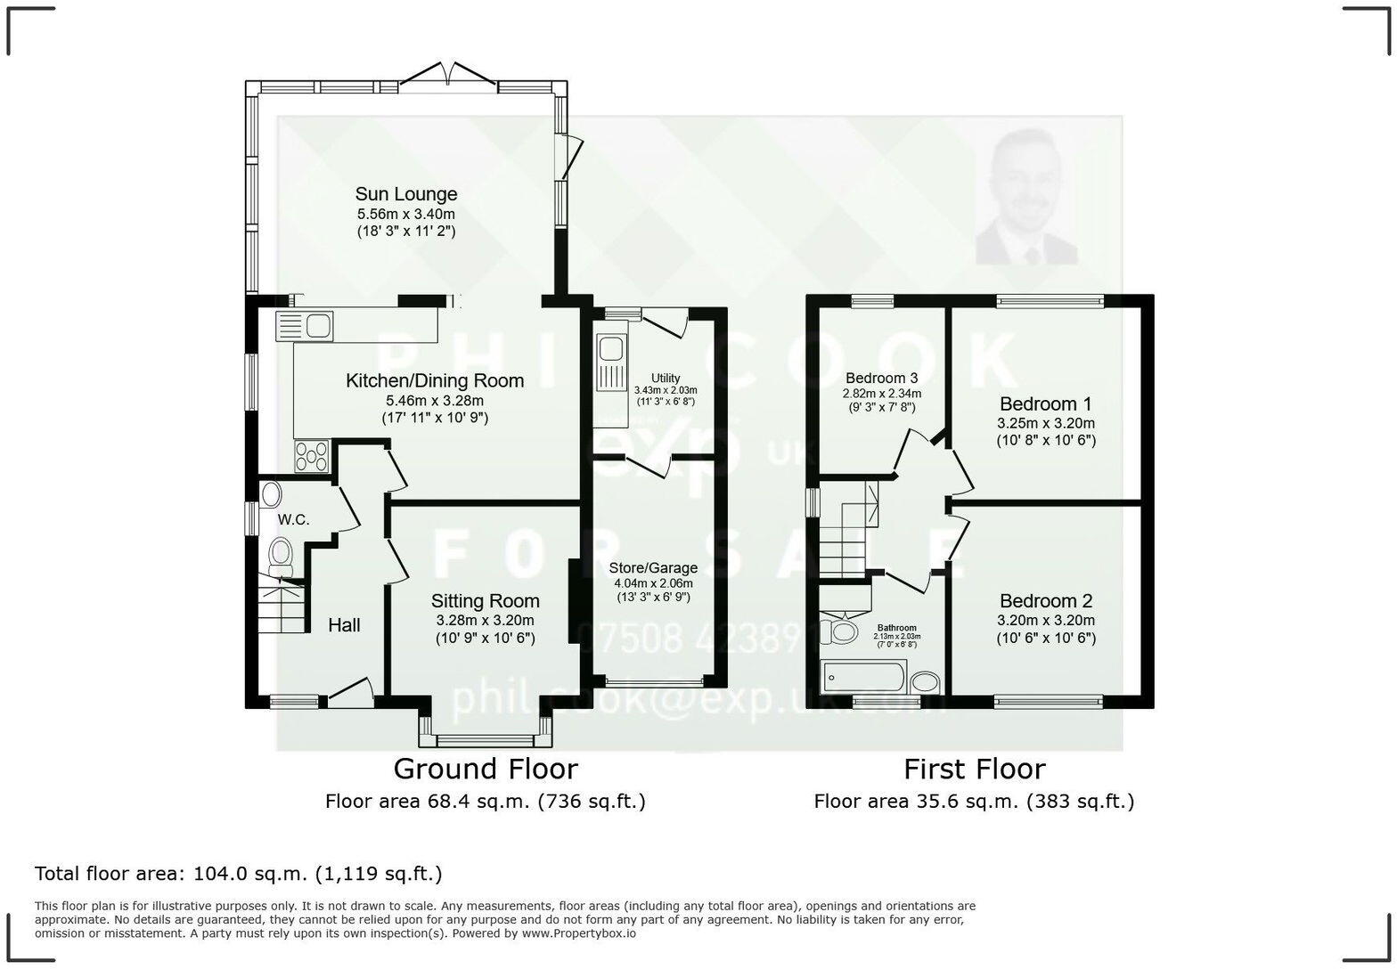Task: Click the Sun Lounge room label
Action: [405, 194]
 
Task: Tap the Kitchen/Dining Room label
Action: [434, 381]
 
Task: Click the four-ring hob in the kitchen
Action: [311, 457]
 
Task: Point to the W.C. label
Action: [293, 519]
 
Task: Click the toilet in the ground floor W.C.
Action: [281, 555]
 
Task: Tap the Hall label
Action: [344, 625]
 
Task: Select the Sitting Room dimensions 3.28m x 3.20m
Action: [485, 621]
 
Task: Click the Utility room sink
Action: [612, 359]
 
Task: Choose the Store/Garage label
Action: [653, 568]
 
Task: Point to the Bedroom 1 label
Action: [1045, 403]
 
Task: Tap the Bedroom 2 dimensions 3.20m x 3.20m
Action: [1045, 621]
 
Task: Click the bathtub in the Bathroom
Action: [864, 677]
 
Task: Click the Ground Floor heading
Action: [485, 769]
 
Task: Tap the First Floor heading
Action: [974, 769]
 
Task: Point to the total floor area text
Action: [238, 874]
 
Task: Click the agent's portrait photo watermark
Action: [1027, 198]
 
